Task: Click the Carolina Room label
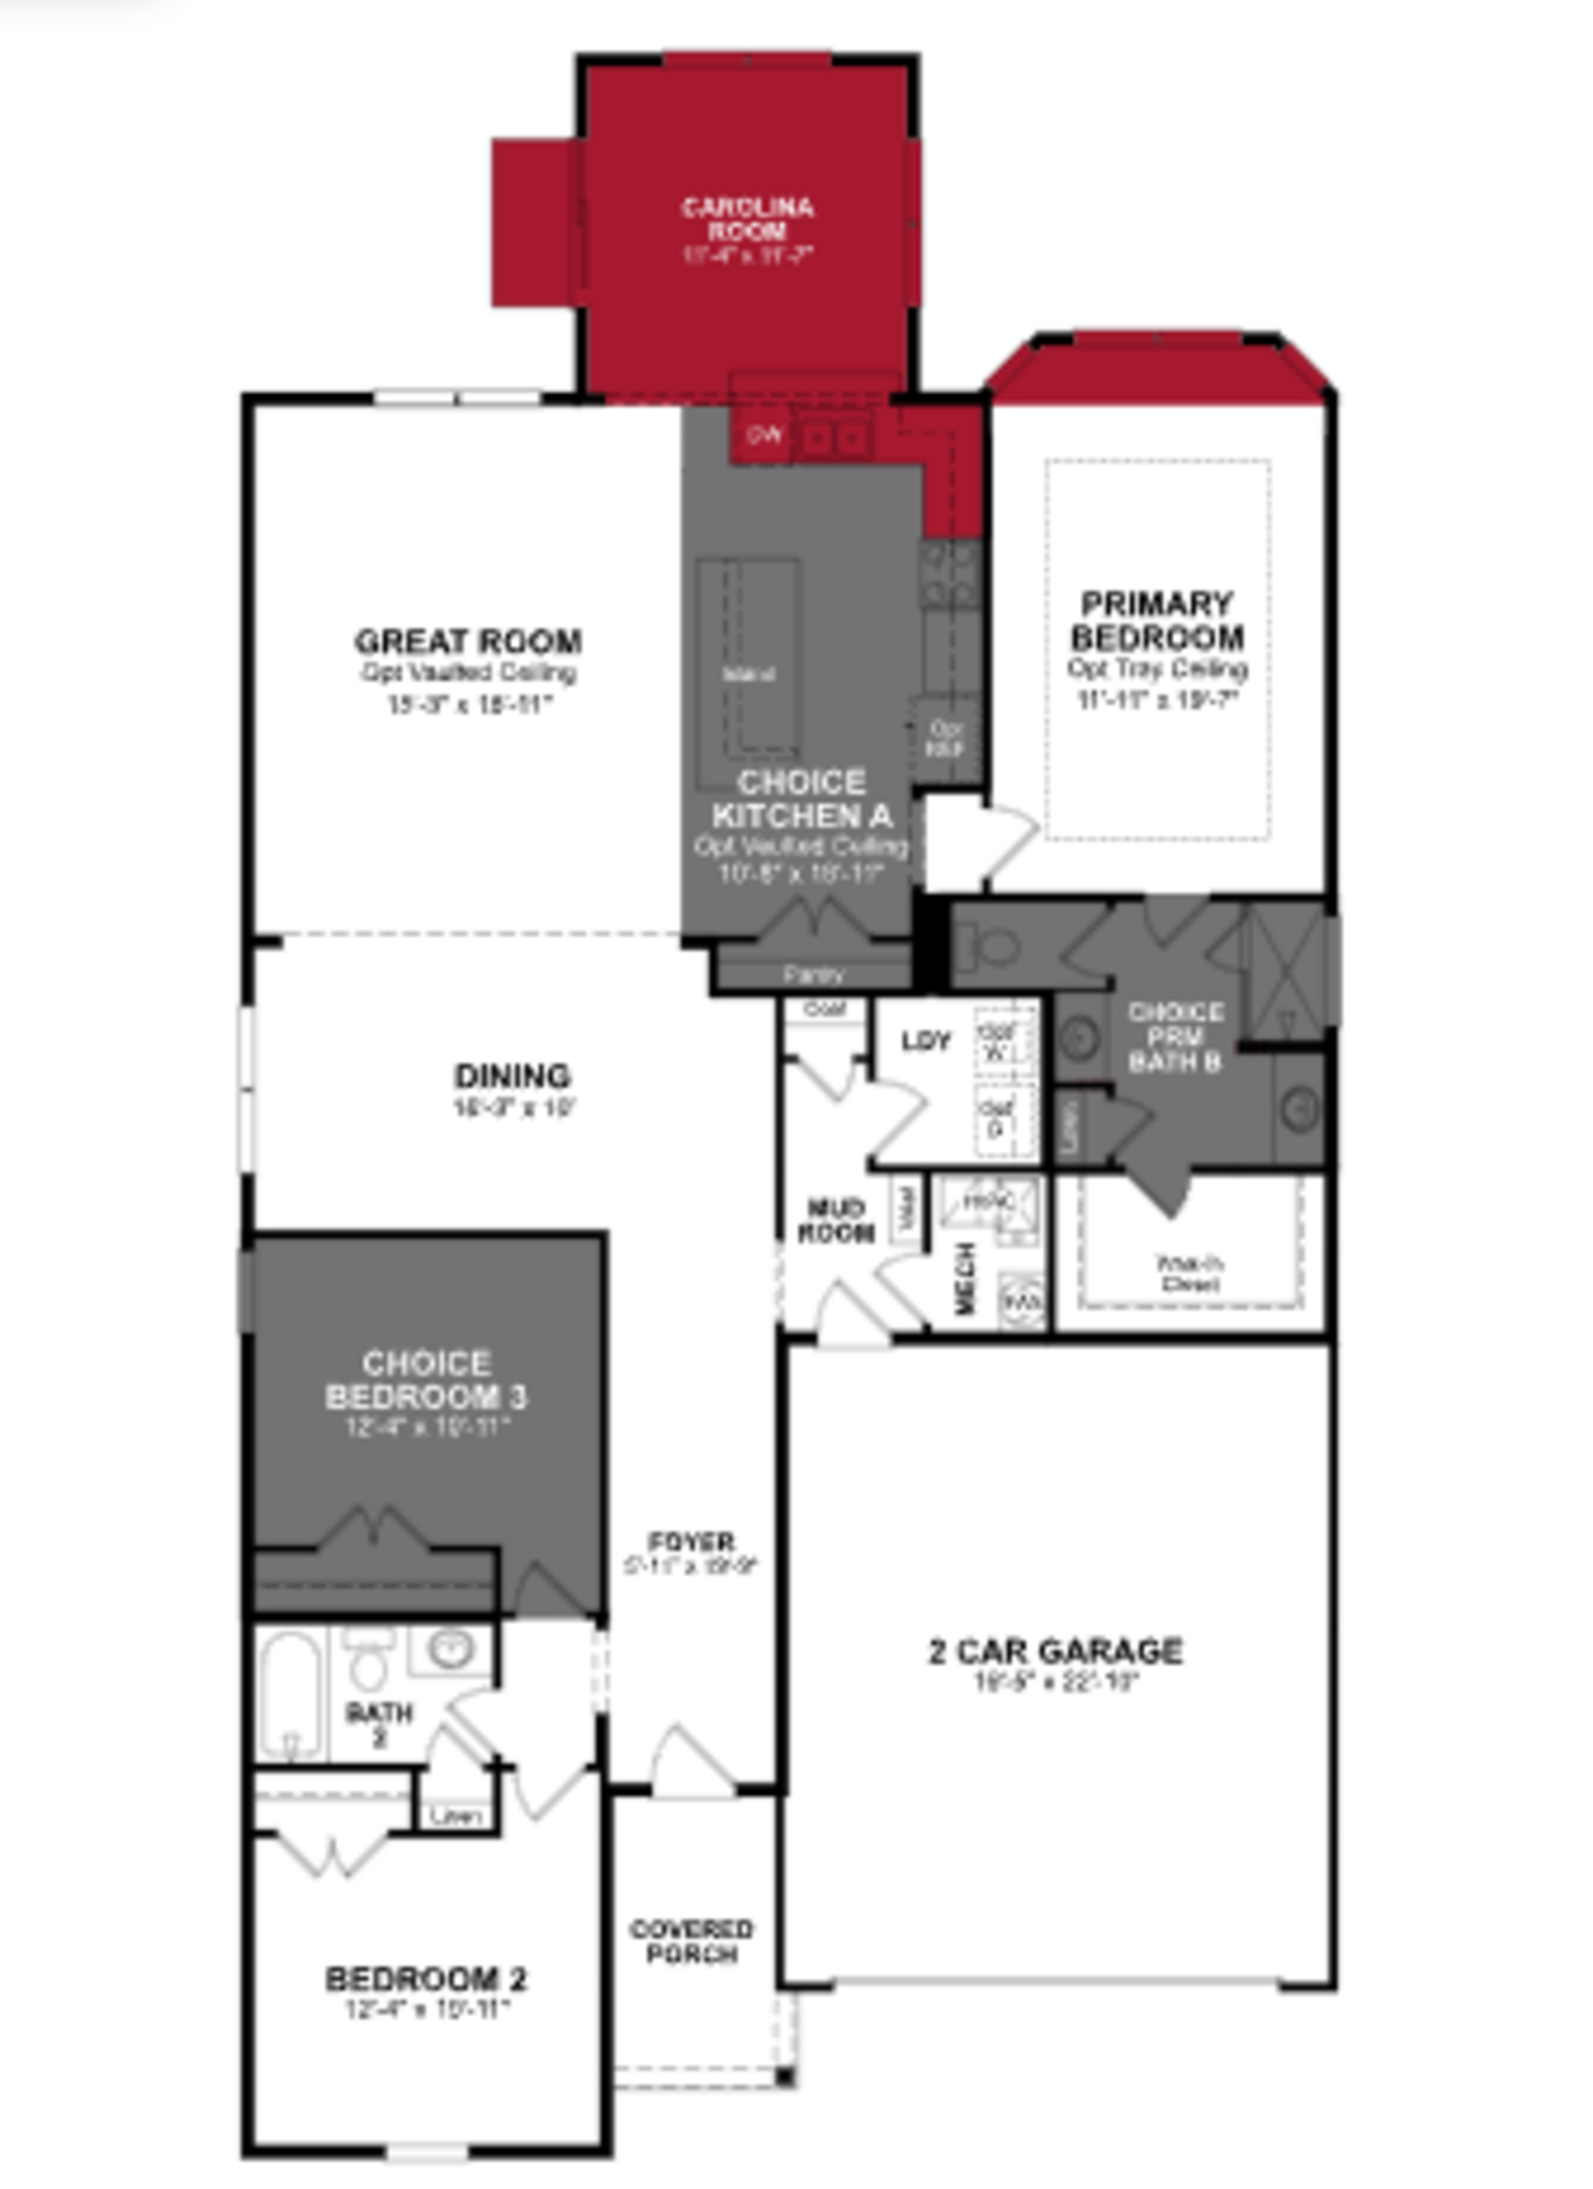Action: tap(748, 219)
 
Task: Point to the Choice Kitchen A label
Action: tap(802, 799)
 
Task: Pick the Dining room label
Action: tap(512, 1075)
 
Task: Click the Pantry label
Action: tap(814, 975)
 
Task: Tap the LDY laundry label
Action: tap(926, 1040)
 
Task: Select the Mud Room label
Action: tap(835, 1220)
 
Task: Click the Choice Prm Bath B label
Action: tap(1175, 1037)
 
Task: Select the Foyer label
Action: tap(691, 1540)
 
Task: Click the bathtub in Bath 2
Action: tap(290, 1694)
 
